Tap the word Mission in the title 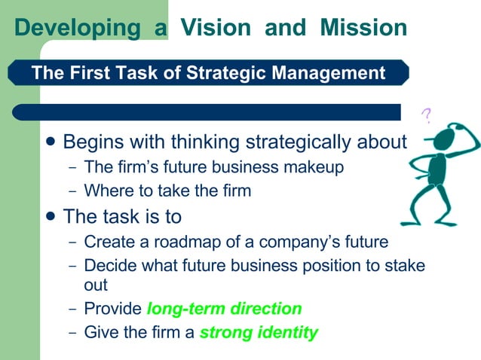pyautogui.click(x=363, y=28)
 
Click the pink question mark pyautogui.click(x=427, y=116)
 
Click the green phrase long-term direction pyautogui.click(x=225, y=308)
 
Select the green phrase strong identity pyautogui.click(x=259, y=331)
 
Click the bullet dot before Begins pyautogui.click(x=51, y=142)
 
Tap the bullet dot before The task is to pyautogui.click(x=51, y=216)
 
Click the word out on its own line pyautogui.click(x=96, y=285)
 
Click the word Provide pyautogui.click(x=112, y=308)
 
